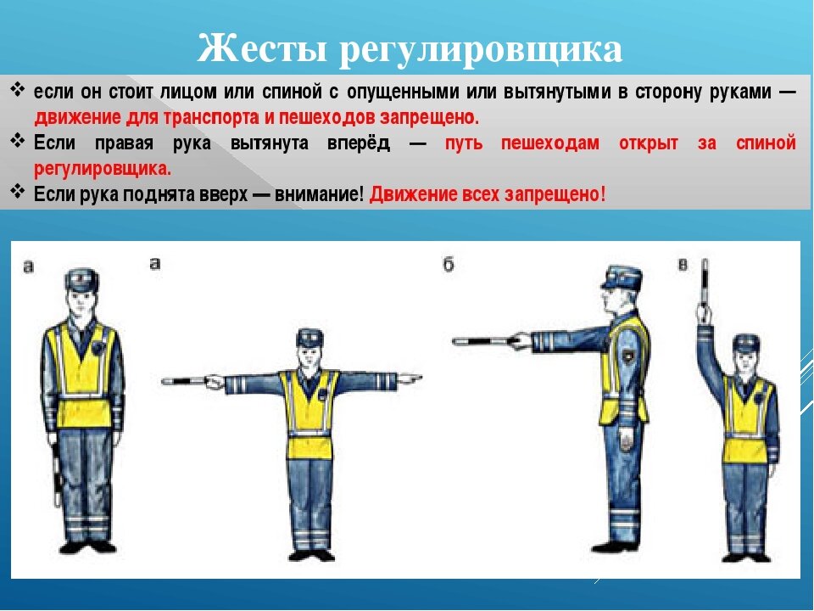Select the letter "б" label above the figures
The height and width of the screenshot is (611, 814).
pos(449,266)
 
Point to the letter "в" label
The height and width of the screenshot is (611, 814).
pos(683,266)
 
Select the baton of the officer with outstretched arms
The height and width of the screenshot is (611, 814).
pos(187,381)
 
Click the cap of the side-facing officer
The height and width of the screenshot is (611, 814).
pos(621,276)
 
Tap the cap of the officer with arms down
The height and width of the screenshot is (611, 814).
pos(82,278)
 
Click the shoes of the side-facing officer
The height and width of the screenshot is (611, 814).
pos(614,544)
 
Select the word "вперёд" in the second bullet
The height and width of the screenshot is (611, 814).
pos(358,143)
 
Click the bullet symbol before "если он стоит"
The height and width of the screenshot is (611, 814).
pos(19,91)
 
